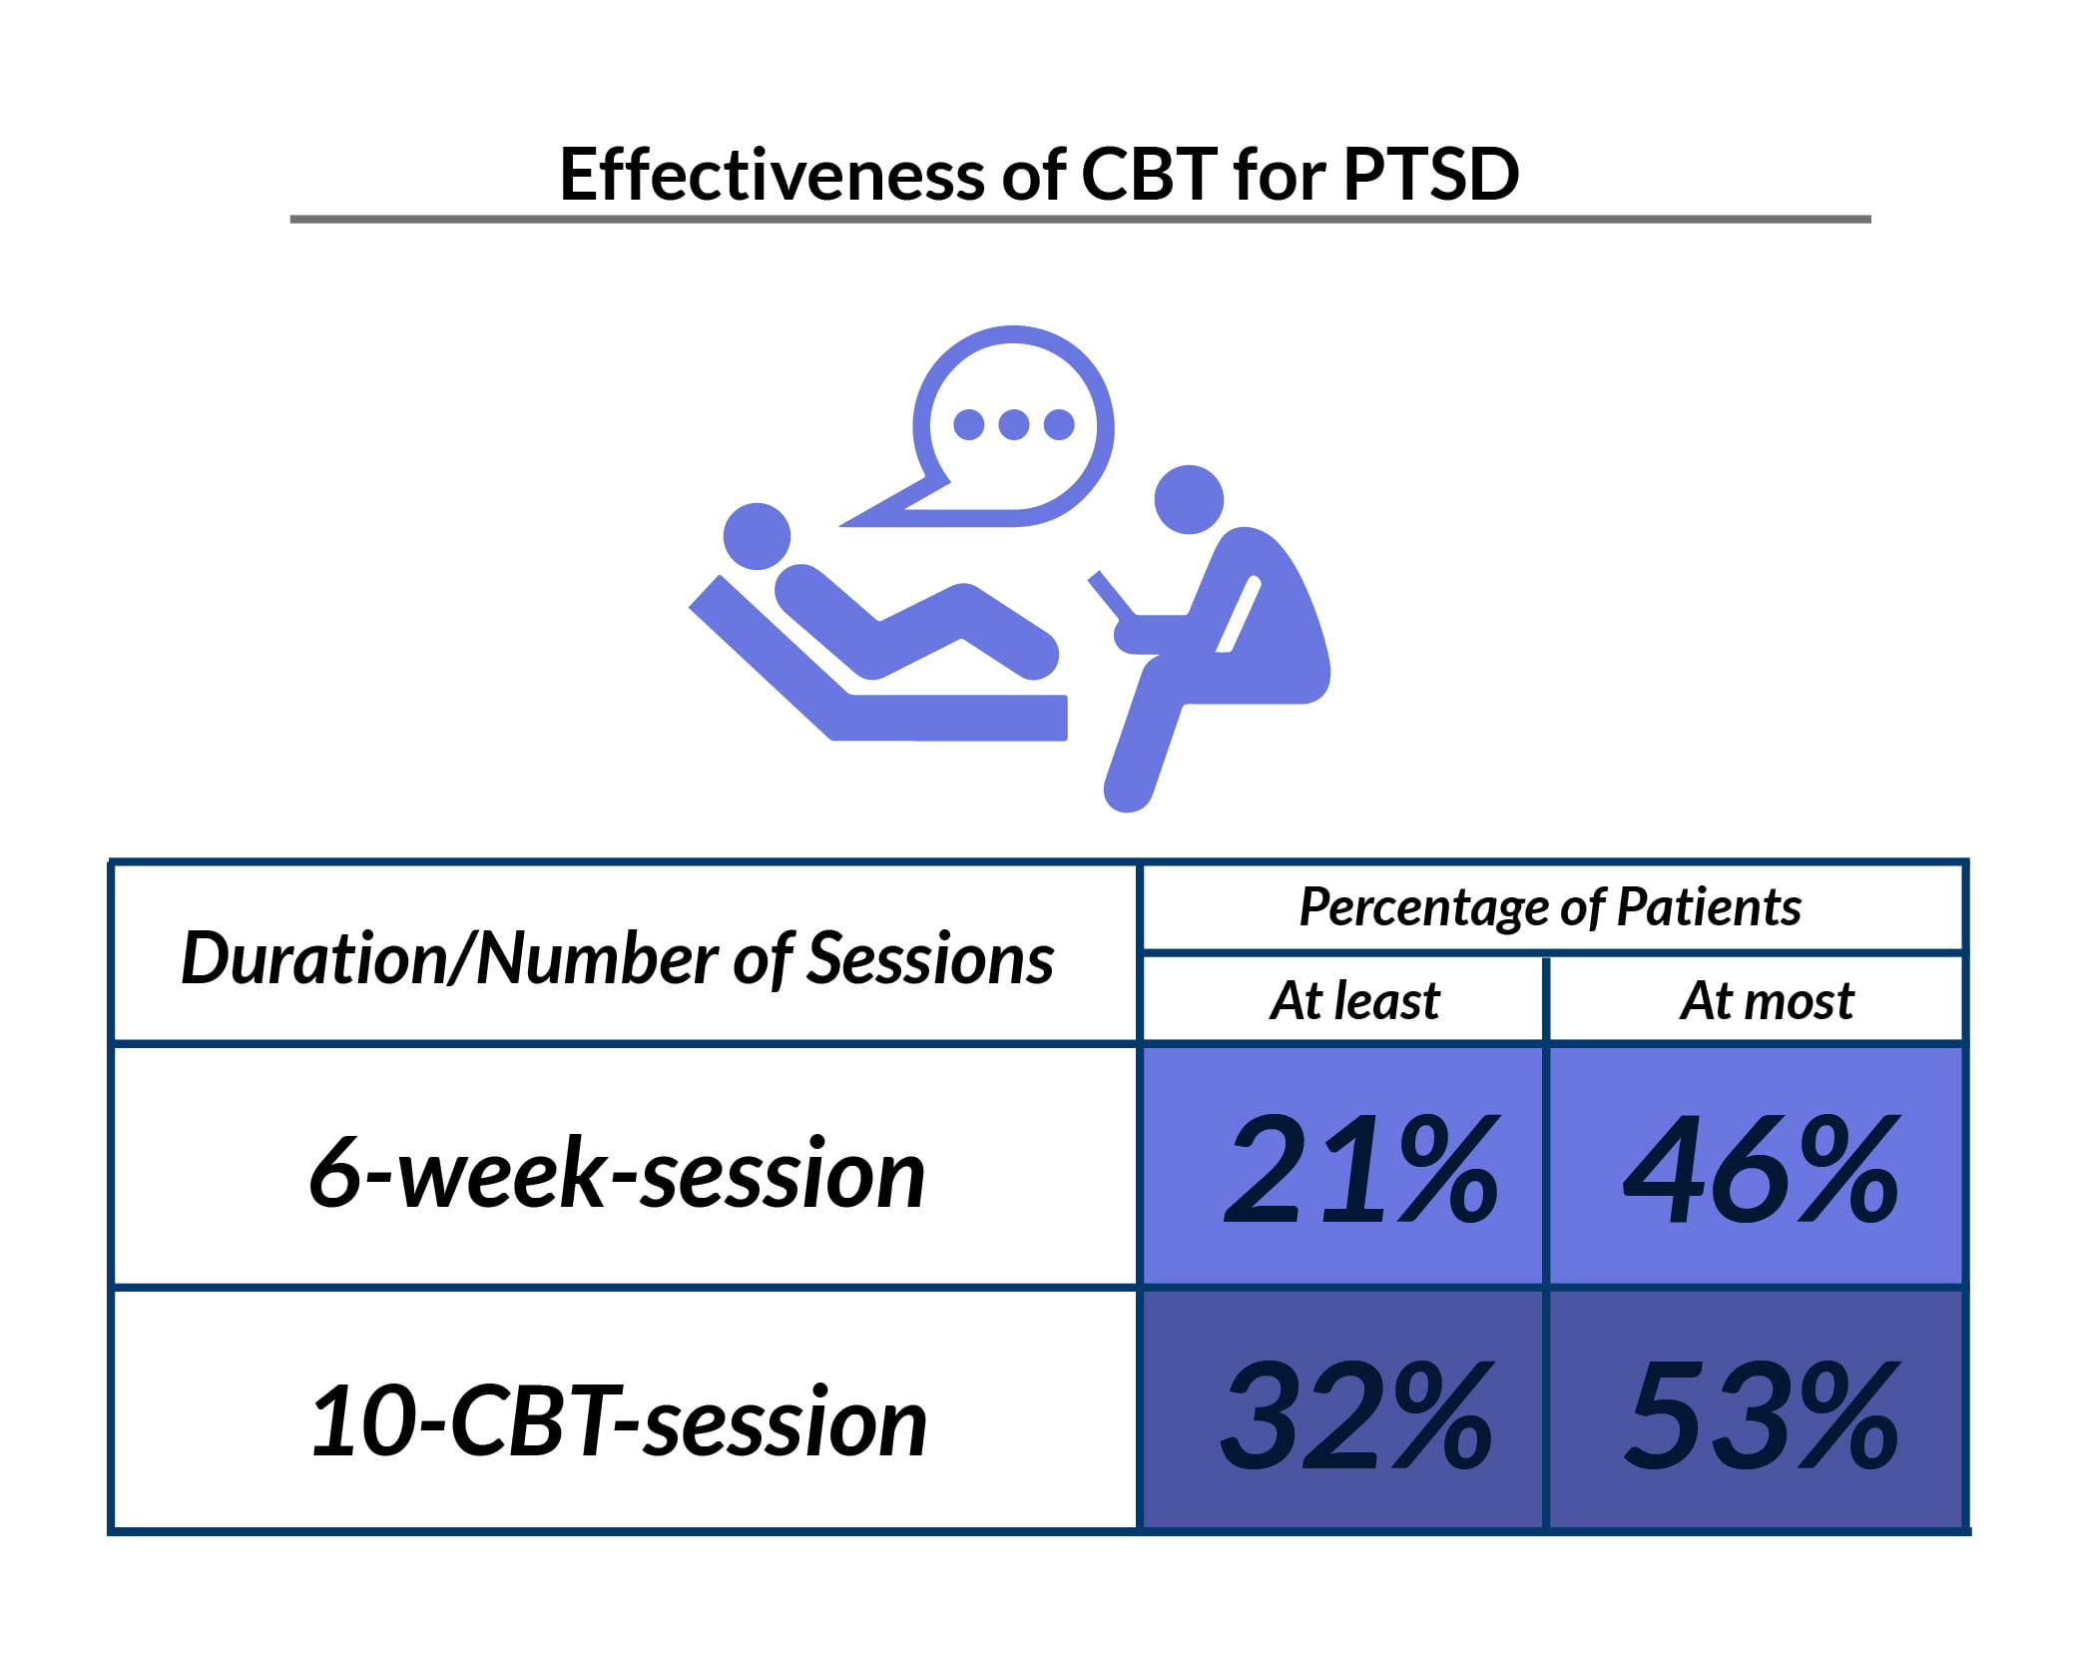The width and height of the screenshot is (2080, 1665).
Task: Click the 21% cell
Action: point(1360,1169)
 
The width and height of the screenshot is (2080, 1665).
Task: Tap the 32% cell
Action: point(1357,1415)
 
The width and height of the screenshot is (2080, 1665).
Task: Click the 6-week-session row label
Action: point(617,1173)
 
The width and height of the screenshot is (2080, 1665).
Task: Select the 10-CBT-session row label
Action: point(619,1421)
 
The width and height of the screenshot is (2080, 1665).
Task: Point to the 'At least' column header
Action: point(1354,1000)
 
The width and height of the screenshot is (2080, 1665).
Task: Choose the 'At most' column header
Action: point(1767,1000)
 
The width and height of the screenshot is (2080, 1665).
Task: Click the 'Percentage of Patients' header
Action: point(1550,907)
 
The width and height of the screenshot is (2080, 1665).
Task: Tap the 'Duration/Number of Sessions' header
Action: point(617,958)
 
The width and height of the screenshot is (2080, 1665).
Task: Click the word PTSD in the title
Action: point(1430,175)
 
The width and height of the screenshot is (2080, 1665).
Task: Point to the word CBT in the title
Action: point(1149,175)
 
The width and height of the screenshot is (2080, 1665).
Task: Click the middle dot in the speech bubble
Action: point(1013,424)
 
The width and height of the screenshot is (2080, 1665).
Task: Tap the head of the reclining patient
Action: point(757,536)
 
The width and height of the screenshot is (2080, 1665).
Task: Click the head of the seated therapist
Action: point(1189,499)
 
